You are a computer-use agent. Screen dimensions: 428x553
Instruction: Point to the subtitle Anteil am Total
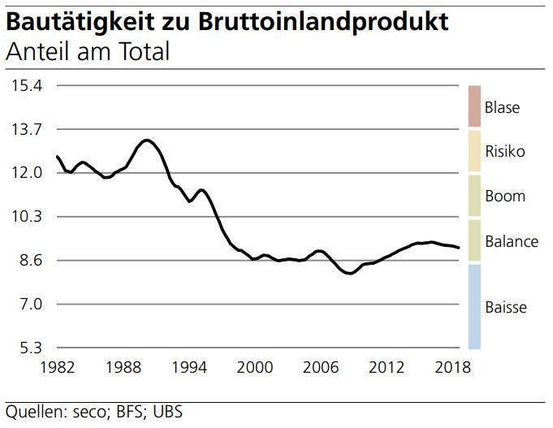coord(88,53)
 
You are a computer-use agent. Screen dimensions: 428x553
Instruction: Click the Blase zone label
coord(501,107)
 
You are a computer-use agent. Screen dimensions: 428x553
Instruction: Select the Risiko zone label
coord(504,151)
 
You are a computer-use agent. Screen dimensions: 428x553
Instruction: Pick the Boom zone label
coord(504,196)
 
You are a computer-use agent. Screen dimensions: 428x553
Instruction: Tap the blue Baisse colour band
coord(474,306)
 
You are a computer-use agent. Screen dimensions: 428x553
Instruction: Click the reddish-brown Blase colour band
coord(474,106)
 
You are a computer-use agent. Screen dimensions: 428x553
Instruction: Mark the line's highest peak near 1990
coord(145,141)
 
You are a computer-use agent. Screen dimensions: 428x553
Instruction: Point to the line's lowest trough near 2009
coord(350,274)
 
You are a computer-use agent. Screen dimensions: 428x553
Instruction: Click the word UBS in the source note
coord(167,412)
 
